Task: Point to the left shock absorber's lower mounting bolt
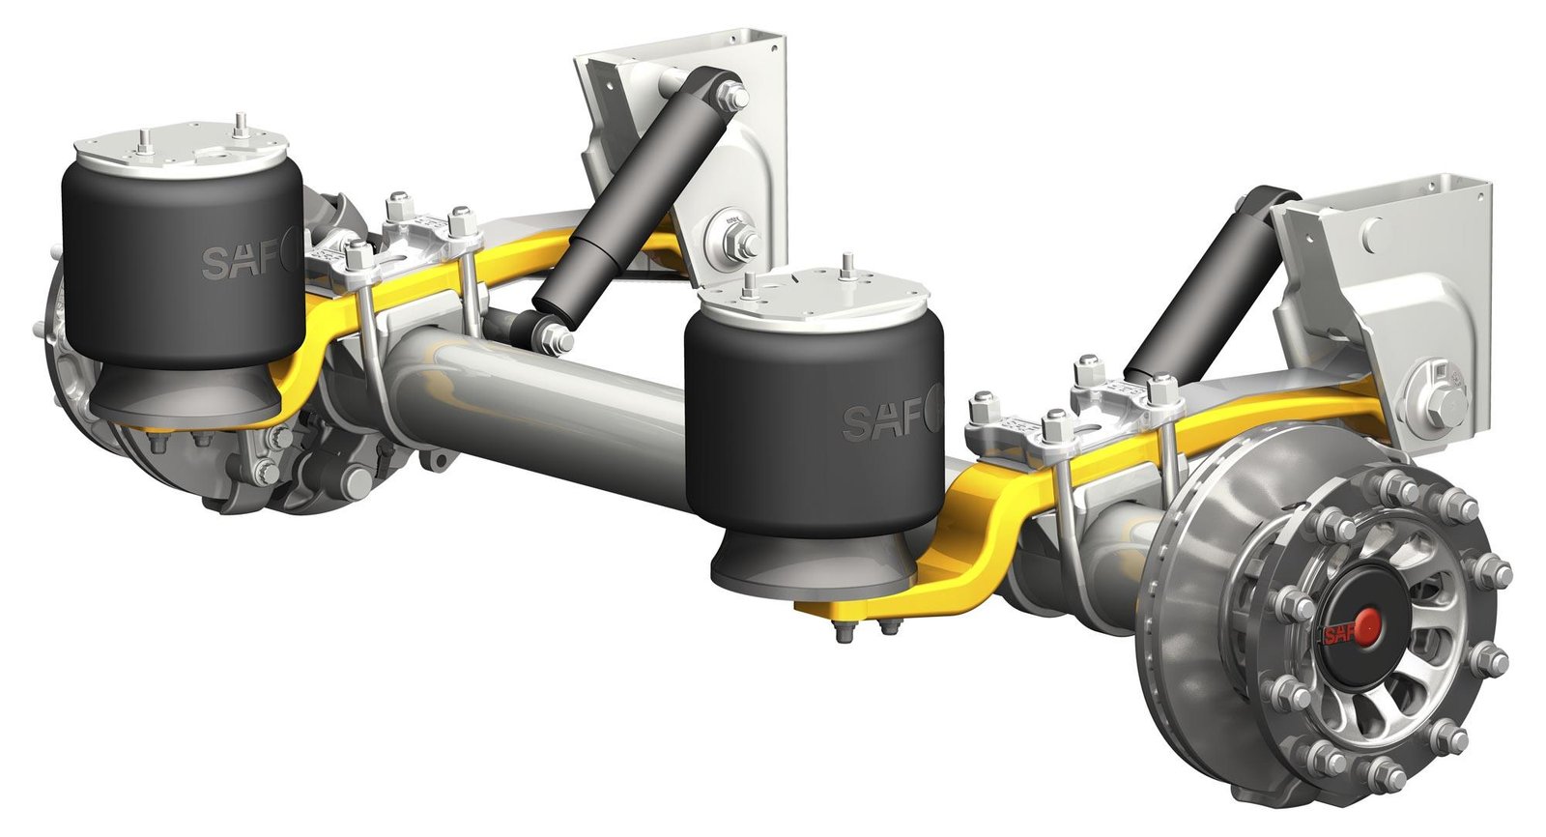[556, 338]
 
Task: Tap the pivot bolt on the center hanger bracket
[736, 239]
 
